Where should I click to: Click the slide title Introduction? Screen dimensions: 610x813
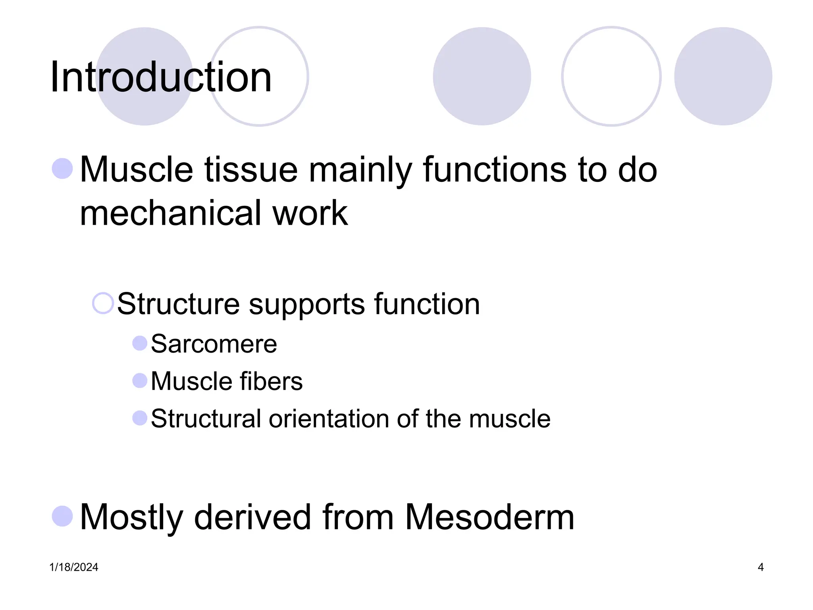pos(161,77)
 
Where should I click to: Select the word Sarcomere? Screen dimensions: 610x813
pos(214,344)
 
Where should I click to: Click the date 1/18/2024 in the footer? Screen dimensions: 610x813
pos(74,567)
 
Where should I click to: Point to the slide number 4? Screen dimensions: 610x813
pos(761,567)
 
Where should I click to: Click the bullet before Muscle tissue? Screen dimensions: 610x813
pos(62,168)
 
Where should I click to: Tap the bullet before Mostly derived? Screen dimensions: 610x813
pos(62,516)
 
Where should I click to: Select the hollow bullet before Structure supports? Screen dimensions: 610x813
pos(103,303)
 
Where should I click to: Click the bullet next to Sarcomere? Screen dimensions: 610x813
pos(140,343)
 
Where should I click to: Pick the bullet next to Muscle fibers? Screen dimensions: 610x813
pos(140,380)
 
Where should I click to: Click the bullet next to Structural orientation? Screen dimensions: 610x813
pos(140,418)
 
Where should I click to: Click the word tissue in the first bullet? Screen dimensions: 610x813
pos(251,170)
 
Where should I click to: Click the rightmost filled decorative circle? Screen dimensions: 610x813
pos(723,76)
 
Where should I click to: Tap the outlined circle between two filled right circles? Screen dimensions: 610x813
pos(611,76)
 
